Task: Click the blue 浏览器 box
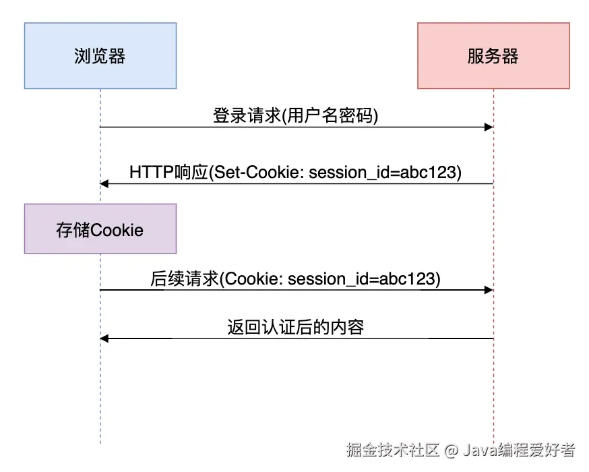(100, 56)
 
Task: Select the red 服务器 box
(493, 56)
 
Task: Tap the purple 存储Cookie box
(100, 229)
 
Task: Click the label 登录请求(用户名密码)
(296, 116)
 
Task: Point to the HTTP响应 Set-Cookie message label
(296, 172)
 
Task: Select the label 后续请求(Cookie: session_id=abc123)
(296, 278)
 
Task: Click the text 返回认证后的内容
(296, 328)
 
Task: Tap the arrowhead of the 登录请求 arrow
(489, 127)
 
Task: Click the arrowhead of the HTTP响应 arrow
(105, 183)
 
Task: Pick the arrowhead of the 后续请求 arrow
(489, 290)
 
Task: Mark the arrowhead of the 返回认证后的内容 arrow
(105, 338)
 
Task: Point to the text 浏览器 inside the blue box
(100, 56)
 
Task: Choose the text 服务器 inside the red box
(493, 56)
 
